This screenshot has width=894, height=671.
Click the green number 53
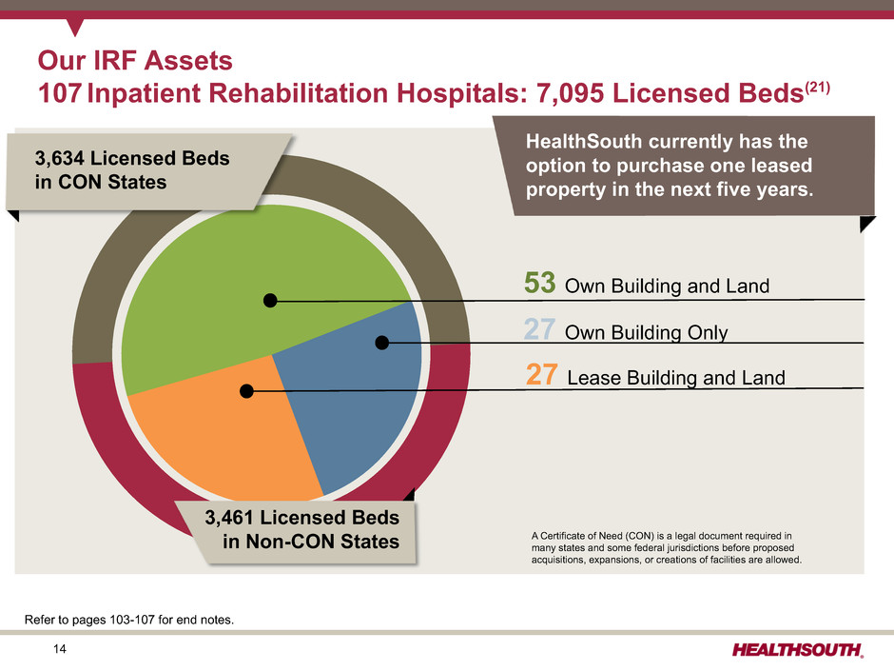tap(539, 283)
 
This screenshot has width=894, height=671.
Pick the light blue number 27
tap(539, 329)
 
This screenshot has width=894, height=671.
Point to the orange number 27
tap(542, 375)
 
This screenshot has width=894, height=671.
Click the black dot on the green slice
tap(270, 300)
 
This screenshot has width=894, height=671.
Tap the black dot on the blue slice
tap(382, 343)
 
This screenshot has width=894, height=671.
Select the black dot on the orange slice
tap(246, 391)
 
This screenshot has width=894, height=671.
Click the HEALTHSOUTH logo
tap(798, 650)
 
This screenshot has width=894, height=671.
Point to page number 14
tap(59, 649)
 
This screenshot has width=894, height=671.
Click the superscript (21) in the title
tap(817, 89)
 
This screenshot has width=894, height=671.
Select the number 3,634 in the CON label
tap(59, 158)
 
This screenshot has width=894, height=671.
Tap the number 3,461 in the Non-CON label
tap(229, 518)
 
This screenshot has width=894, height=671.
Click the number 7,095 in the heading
tap(570, 93)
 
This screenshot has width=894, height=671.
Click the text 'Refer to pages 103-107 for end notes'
tap(128, 620)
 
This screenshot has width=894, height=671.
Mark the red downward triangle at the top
tap(75, 27)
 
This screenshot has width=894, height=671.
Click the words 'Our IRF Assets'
tap(135, 61)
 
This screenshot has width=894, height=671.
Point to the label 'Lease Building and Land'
tap(676, 378)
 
